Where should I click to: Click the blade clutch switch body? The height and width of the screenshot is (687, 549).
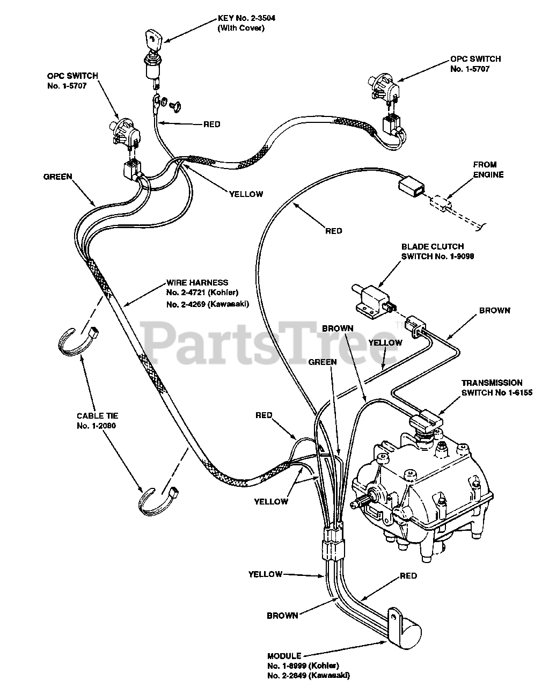coord(371,297)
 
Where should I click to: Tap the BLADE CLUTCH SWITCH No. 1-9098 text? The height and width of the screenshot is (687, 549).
coord(437,251)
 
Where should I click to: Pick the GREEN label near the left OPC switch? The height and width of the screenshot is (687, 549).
coord(57,177)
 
